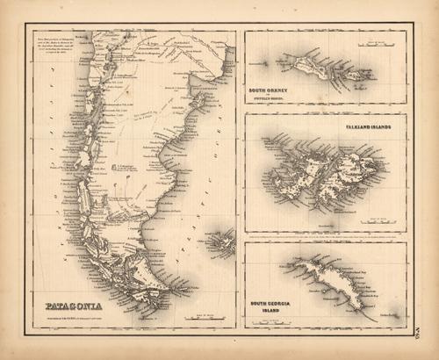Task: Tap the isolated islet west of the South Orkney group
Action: [264, 62]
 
